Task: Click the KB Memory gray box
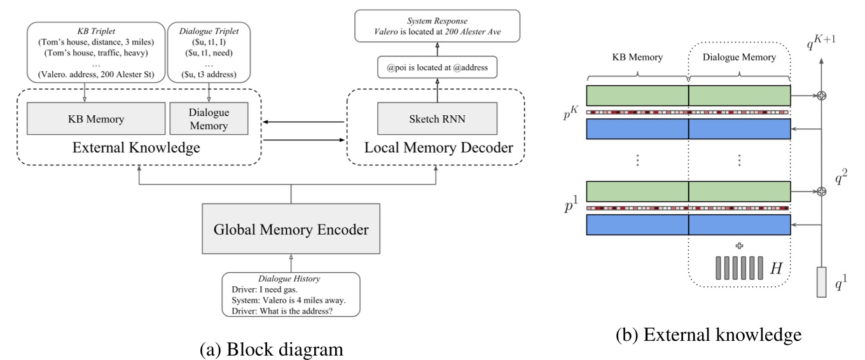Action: [95, 118]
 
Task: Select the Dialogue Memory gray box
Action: [209, 118]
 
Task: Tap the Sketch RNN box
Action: [436, 118]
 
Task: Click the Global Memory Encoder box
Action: [291, 230]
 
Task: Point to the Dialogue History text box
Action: [291, 294]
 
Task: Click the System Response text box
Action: [437, 25]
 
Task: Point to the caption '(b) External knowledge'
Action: [708, 335]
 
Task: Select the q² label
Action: [840, 179]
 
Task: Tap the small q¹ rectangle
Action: [821, 282]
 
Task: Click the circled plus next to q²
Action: [821, 191]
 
